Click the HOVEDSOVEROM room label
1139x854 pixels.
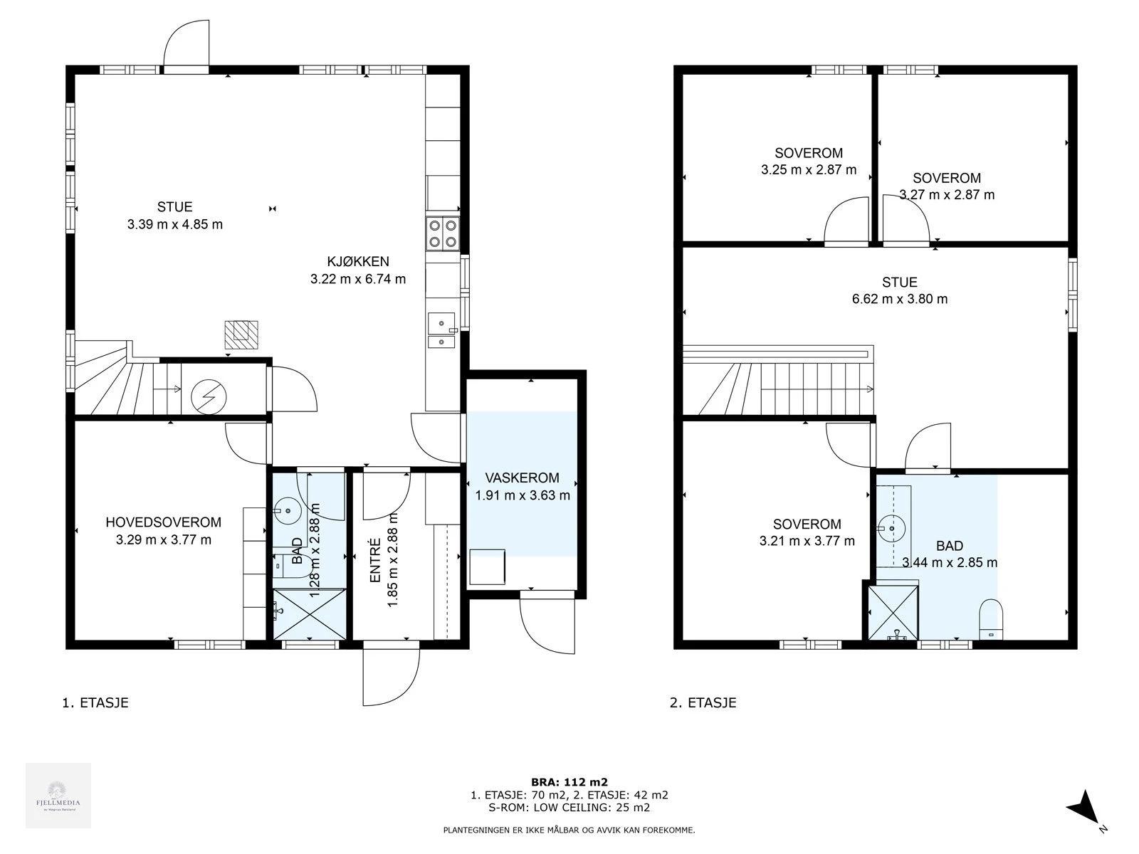[163, 522]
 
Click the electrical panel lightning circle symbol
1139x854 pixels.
[209, 396]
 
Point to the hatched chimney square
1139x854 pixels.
[241, 334]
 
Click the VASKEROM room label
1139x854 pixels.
[522, 478]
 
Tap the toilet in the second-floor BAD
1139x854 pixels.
[991, 619]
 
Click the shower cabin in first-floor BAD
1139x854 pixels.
[310, 613]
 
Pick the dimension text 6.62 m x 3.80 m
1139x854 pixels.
[900, 299]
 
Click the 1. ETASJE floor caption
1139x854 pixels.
[95, 702]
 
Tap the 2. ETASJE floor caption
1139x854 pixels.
[703, 702]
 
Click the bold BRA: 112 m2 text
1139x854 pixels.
[569, 782]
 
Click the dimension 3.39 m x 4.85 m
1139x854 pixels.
[174, 224]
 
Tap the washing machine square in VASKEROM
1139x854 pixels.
[487, 566]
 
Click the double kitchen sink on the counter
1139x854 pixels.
[442, 331]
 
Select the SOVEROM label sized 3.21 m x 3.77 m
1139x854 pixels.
[807, 524]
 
